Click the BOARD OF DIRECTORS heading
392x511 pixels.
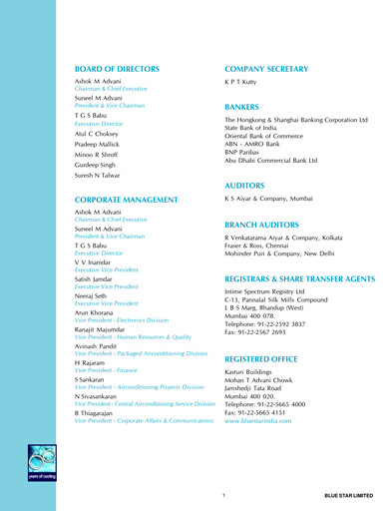click(117, 69)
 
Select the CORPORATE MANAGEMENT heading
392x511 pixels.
click(124, 201)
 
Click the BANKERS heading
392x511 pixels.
click(242, 106)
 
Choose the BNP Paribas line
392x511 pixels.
click(244, 152)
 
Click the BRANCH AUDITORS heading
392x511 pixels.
click(265, 226)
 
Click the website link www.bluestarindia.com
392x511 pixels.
click(258, 421)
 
